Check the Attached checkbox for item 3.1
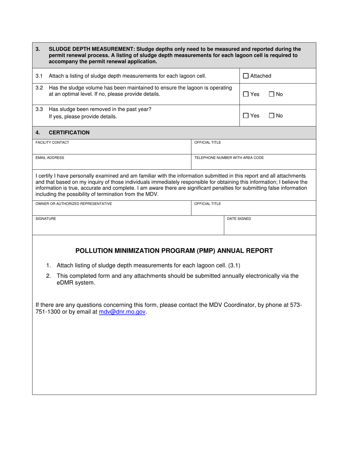tap(246, 76)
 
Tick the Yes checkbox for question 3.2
tap(246, 94)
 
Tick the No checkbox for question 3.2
tap(271, 94)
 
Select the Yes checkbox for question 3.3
tap(246, 116)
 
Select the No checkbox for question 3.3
tap(271, 116)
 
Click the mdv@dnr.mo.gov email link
tap(122, 312)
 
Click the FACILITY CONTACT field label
tap(52, 142)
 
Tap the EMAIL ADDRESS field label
tap(50, 158)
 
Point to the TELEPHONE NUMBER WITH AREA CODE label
tap(229, 158)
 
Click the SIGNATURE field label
tap(46, 219)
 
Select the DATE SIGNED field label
tap(239, 219)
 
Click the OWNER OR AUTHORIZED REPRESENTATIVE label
tap(74, 203)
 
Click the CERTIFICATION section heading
tap(69, 133)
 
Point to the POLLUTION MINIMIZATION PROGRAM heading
tap(174, 251)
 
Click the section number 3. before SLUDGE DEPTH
tap(38, 49)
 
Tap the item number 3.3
tap(39, 109)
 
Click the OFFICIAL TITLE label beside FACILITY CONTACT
tap(207, 142)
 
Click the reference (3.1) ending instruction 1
tap(234, 265)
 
